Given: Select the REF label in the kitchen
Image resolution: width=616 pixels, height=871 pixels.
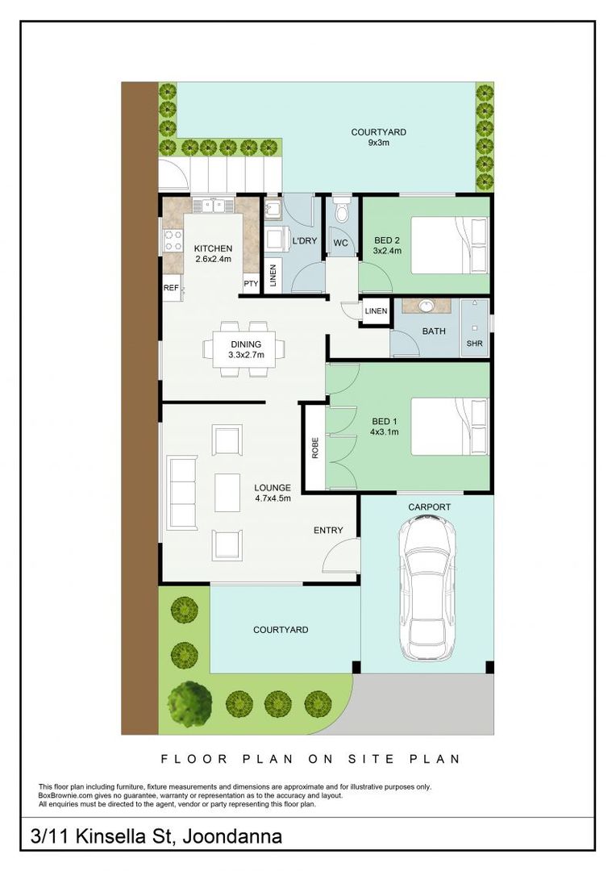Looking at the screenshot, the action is point(171,288).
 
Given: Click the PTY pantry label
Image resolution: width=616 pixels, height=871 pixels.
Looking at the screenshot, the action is point(251,284).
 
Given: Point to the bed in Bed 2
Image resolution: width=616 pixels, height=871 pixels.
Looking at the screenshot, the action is point(450,244).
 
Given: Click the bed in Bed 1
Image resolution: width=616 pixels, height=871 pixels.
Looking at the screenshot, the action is point(450,427).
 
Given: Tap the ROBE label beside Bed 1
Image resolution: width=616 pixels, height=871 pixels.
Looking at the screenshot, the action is point(315,448).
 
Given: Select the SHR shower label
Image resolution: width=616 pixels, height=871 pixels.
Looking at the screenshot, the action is point(474,344).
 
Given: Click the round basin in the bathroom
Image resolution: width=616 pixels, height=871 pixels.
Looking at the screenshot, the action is point(427,306).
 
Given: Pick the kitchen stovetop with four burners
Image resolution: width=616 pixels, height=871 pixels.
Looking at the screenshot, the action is point(173,241).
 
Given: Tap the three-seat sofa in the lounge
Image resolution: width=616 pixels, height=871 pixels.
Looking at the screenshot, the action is point(183,493).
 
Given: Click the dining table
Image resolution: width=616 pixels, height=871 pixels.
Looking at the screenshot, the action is point(245,349).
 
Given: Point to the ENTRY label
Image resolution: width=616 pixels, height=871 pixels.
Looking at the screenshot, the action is point(328,531).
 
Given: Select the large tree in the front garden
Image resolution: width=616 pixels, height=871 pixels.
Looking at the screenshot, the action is point(190,701).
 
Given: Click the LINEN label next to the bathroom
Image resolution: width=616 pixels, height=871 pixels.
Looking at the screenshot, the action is point(376,311).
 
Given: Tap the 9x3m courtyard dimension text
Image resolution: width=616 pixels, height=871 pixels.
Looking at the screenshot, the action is point(379,143).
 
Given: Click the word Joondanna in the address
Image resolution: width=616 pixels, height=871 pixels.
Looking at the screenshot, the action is point(232,836).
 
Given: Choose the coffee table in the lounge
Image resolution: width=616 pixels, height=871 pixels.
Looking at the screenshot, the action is point(227,492).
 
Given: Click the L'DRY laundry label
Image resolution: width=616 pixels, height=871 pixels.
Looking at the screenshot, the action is point(305,241).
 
